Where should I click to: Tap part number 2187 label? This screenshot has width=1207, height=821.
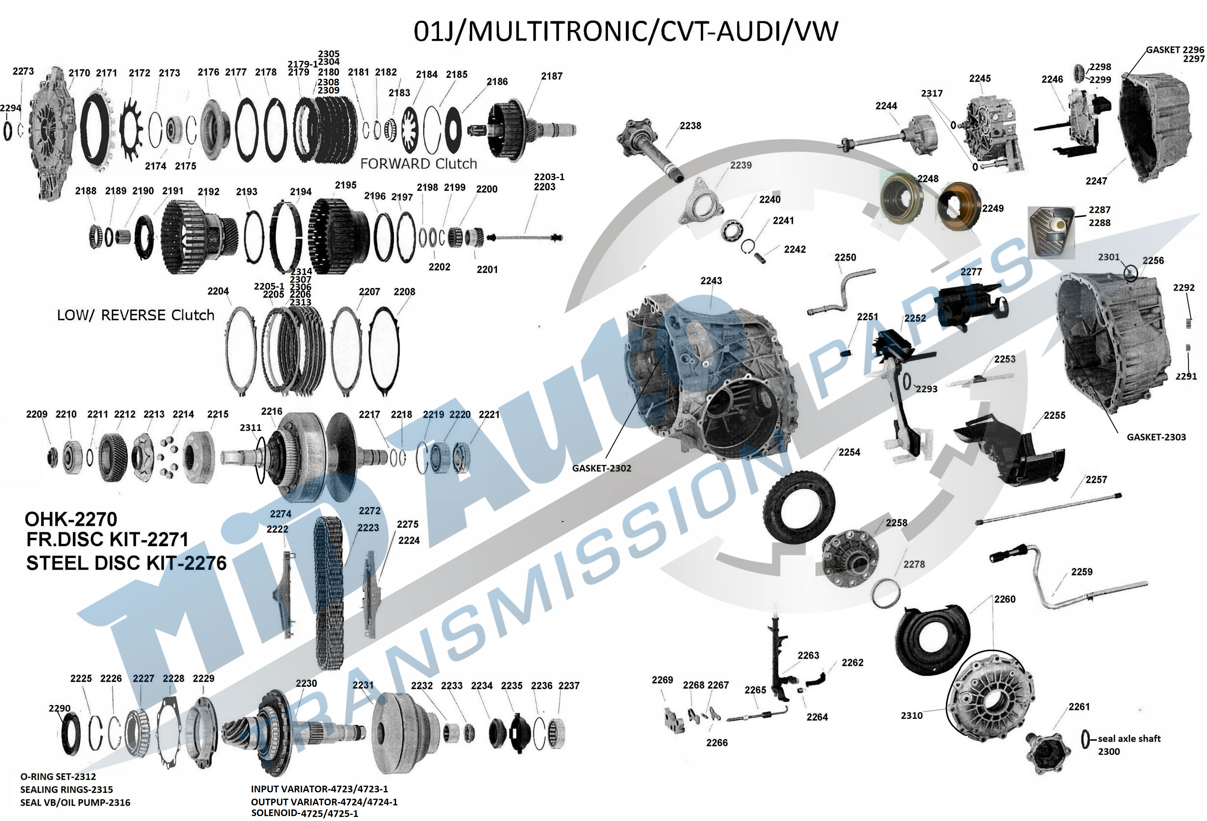551,76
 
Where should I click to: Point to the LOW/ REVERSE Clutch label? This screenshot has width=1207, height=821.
136,315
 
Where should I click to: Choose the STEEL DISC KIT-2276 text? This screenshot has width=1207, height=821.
126,563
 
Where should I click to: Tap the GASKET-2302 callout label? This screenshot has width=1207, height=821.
601,468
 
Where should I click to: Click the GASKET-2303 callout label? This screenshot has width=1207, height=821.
1156,437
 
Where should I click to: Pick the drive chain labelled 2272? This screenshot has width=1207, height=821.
328,592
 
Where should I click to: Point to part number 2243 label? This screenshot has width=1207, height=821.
711,281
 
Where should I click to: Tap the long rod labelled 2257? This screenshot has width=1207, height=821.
1049,509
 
